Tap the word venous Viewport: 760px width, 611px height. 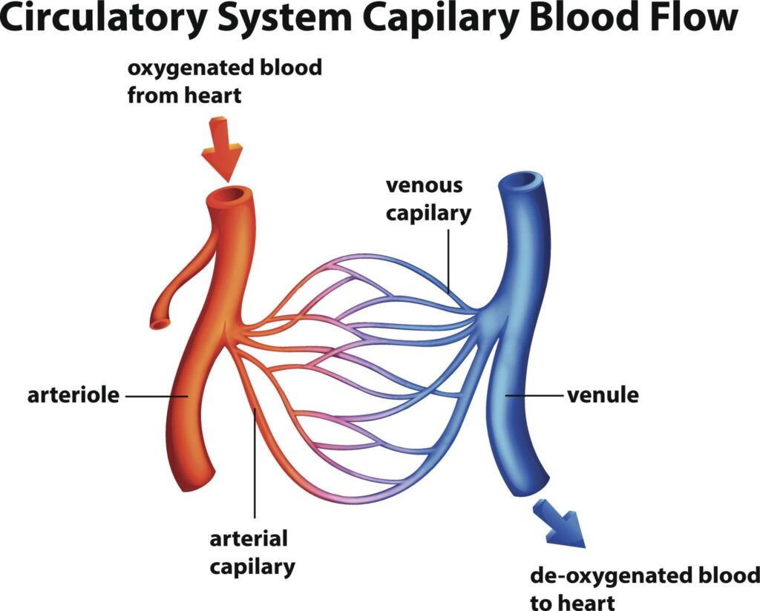tap(423, 186)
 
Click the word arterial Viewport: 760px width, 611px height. tap(248, 538)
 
